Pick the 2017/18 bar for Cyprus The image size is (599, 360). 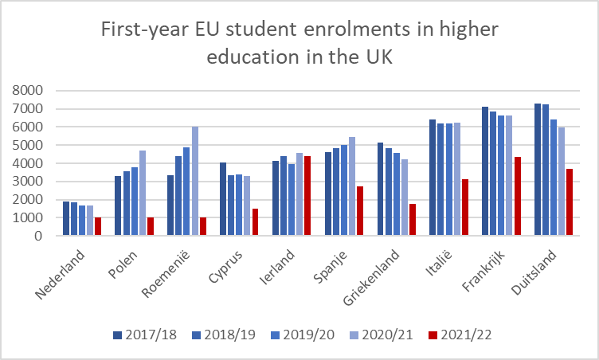tap(224, 199)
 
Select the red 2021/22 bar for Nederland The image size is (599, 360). tap(98, 226)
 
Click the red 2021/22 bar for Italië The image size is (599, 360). tap(464, 207)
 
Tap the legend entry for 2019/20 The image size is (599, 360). tap(303, 334)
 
